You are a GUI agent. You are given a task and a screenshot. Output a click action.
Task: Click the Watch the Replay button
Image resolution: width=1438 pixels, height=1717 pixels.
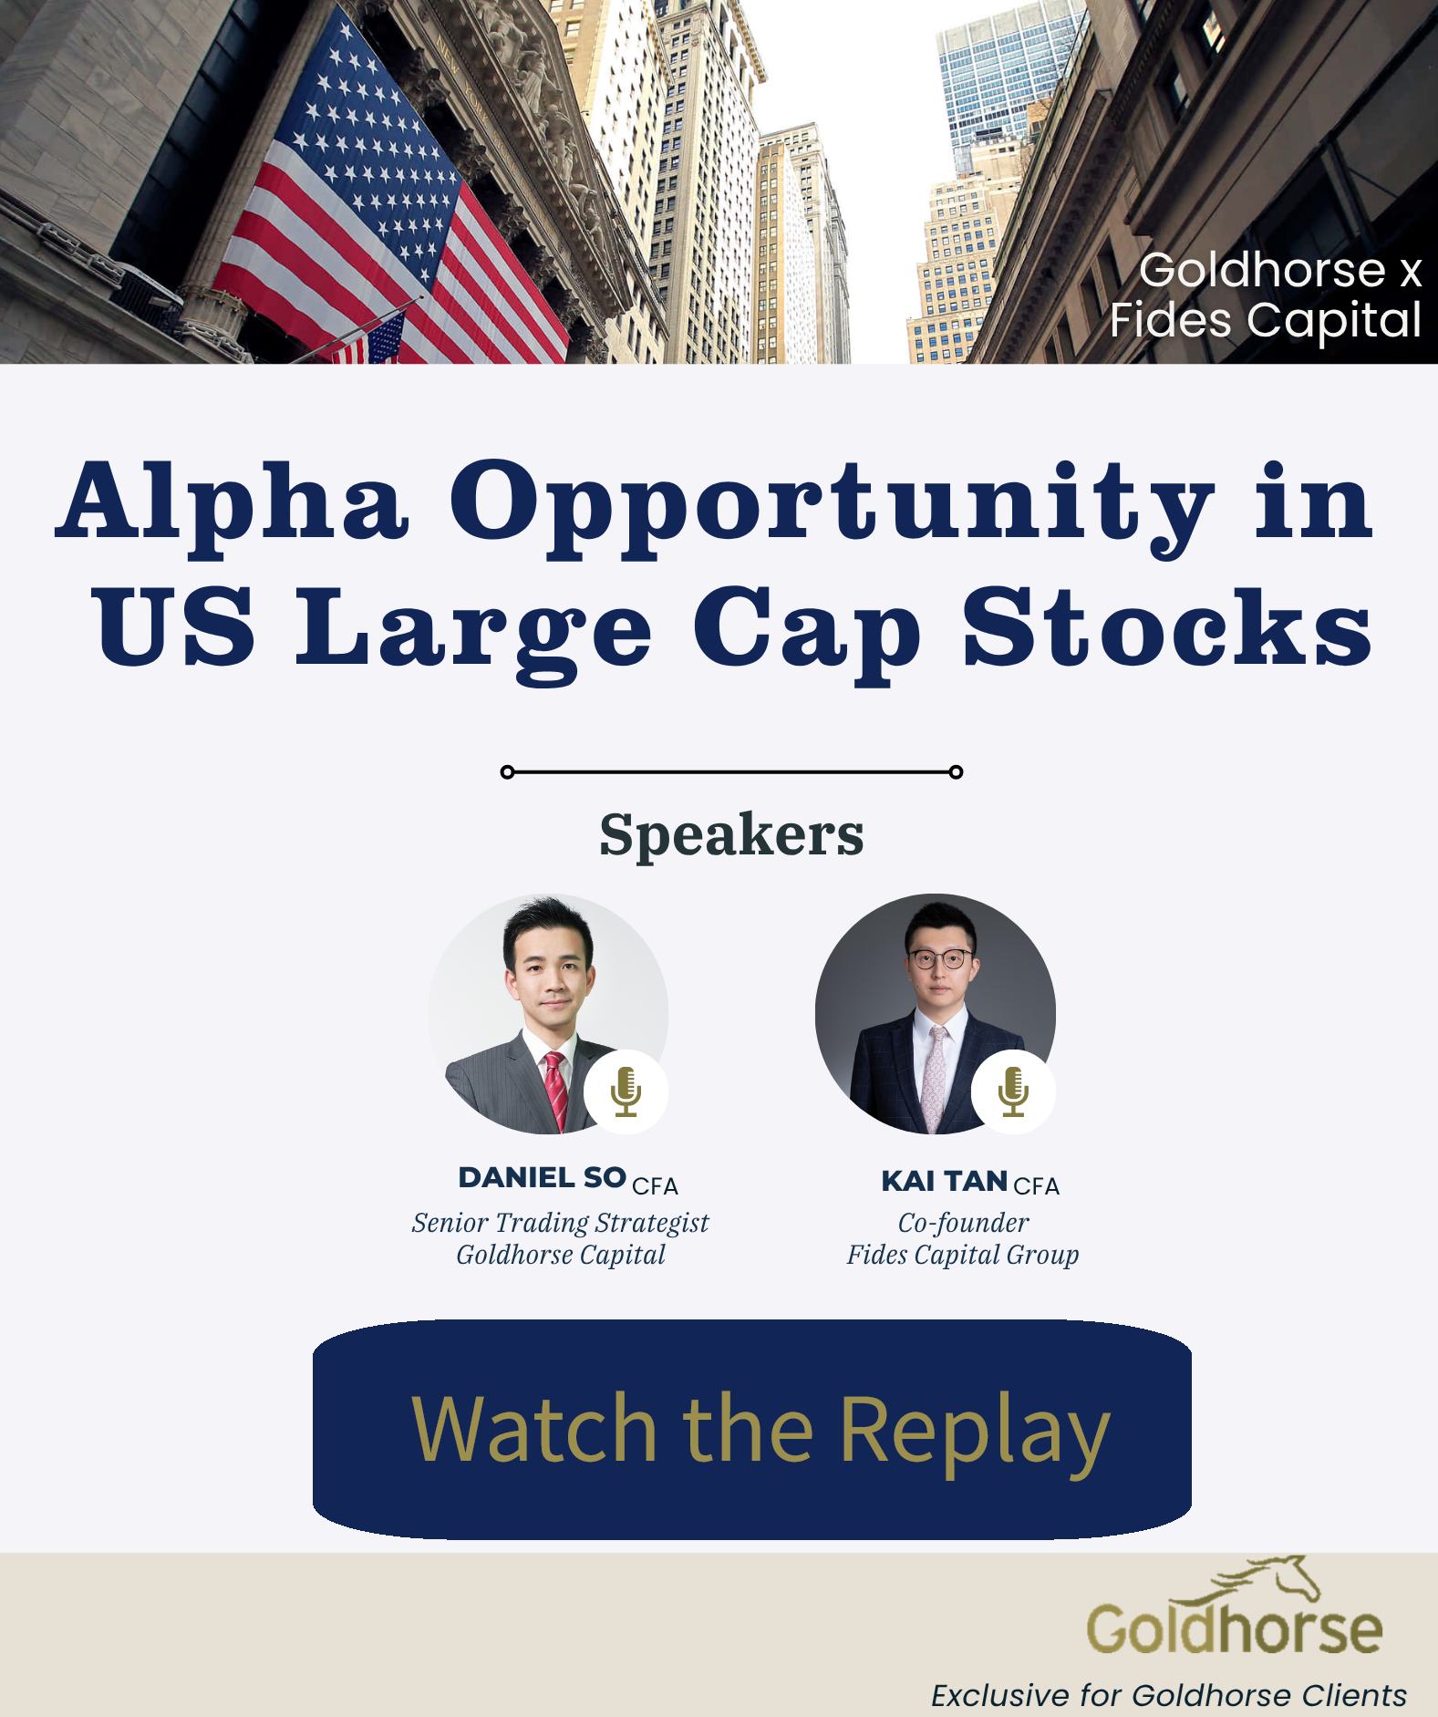(751, 1429)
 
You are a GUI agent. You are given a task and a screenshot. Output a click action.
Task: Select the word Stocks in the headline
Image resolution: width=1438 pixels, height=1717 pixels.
(1167, 629)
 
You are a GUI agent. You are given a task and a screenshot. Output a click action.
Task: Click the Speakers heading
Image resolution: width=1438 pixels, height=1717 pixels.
(731, 834)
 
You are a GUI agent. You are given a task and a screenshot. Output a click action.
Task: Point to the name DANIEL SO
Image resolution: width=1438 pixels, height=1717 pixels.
(542, 1178)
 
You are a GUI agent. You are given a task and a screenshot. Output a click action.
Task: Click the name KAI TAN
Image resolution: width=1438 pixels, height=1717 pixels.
(944, 1182)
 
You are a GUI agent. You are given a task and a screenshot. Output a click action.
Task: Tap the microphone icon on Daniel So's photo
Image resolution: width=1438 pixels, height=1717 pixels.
(626, 1091)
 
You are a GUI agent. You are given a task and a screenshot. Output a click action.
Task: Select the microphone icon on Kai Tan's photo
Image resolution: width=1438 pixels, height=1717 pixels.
(1013, 1091)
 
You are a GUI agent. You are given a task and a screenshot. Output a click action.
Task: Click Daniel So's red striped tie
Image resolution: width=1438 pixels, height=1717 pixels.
(555, 1090)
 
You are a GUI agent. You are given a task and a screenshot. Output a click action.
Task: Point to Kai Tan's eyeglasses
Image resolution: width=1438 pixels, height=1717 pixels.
(940, 958)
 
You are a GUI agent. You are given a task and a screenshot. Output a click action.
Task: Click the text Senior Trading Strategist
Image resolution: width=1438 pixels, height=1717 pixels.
(560, 1223)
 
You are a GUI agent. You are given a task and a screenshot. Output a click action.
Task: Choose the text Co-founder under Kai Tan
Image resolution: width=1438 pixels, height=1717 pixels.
(963, 1223)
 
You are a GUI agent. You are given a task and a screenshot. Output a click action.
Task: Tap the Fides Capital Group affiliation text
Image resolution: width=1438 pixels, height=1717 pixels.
(962, 1256)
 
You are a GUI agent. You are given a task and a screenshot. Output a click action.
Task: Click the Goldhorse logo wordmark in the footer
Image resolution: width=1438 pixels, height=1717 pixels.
(1234, 1629)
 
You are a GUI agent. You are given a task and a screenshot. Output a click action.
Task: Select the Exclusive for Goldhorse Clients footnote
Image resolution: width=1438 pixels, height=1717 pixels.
(1168, 1695)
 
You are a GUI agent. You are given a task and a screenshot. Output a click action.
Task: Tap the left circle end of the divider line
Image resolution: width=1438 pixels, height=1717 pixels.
(508, 772)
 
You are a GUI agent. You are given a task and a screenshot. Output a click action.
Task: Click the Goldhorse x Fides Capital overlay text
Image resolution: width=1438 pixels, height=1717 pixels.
(1267, 295)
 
